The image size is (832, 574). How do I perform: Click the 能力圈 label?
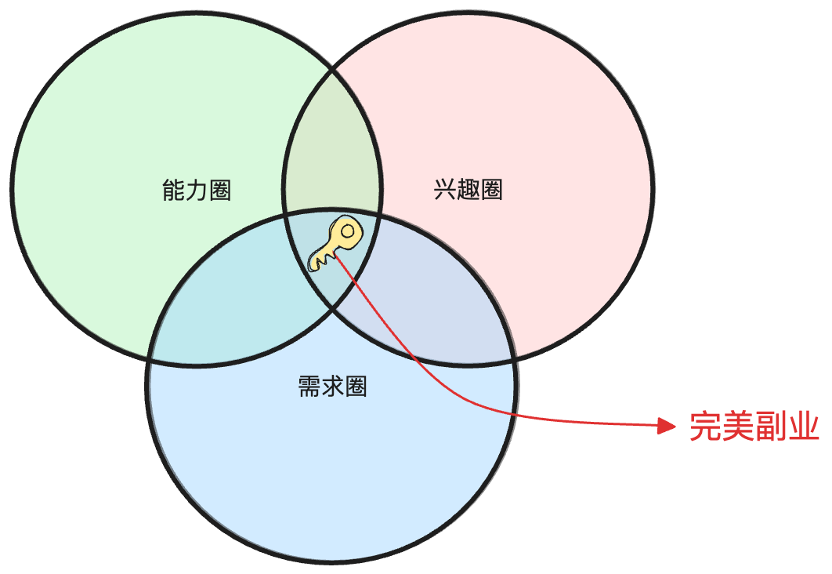tap(197, 191)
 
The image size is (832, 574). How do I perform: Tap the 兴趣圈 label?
tap(468, 190)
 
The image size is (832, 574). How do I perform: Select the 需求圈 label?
tap(332, 387)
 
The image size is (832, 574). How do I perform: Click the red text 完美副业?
tap(754, 427)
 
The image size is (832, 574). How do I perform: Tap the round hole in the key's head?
tap(346, 231)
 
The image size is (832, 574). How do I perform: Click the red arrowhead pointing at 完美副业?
tap(667, 426)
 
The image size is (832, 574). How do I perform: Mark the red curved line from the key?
tap(439, 384)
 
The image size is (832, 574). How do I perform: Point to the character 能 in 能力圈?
tap(174, 191)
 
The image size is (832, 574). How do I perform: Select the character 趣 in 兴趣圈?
tap(468, 190)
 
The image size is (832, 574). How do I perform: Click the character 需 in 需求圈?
tap(309, 387)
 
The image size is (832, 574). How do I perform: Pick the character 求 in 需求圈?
tap(332, 387)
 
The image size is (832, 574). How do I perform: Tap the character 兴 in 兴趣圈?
tap(445, 190)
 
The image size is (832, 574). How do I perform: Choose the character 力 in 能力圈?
tap(197, 191)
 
